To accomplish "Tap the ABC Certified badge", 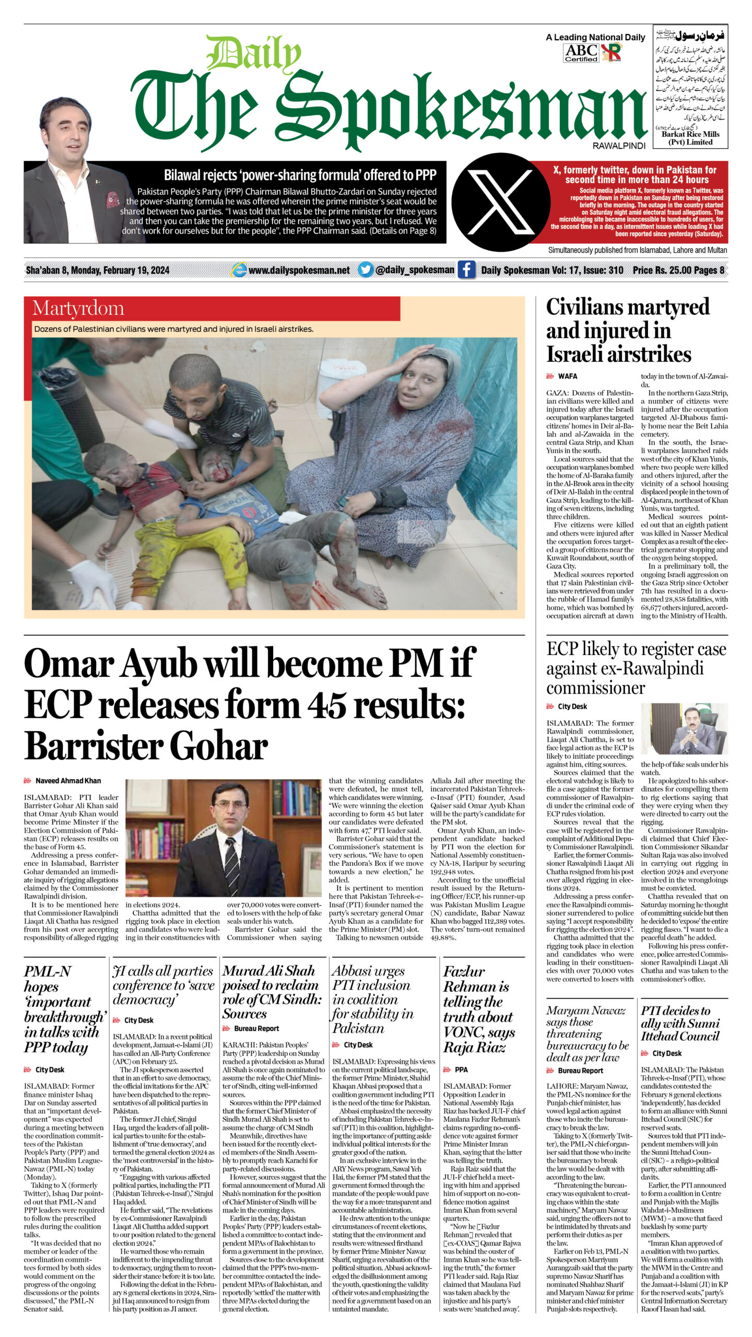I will point(581,53).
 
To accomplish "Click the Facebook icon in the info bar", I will point(466,270).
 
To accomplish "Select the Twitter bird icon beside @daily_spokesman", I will point(366,270).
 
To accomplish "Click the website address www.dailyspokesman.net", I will point(299,271).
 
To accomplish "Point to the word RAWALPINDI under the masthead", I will point(619,146).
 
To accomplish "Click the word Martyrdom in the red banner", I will point(78,309).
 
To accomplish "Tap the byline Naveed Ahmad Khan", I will point(68,781).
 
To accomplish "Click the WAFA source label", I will point(567,376).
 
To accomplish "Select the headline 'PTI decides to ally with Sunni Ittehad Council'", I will point(680,1023).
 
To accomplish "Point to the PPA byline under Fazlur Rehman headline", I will point(461,1070).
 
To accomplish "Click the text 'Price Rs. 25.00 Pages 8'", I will point(678,270).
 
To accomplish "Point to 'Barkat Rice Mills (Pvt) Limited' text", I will point(690,138).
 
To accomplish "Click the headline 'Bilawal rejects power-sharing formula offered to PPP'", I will point(300,175).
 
